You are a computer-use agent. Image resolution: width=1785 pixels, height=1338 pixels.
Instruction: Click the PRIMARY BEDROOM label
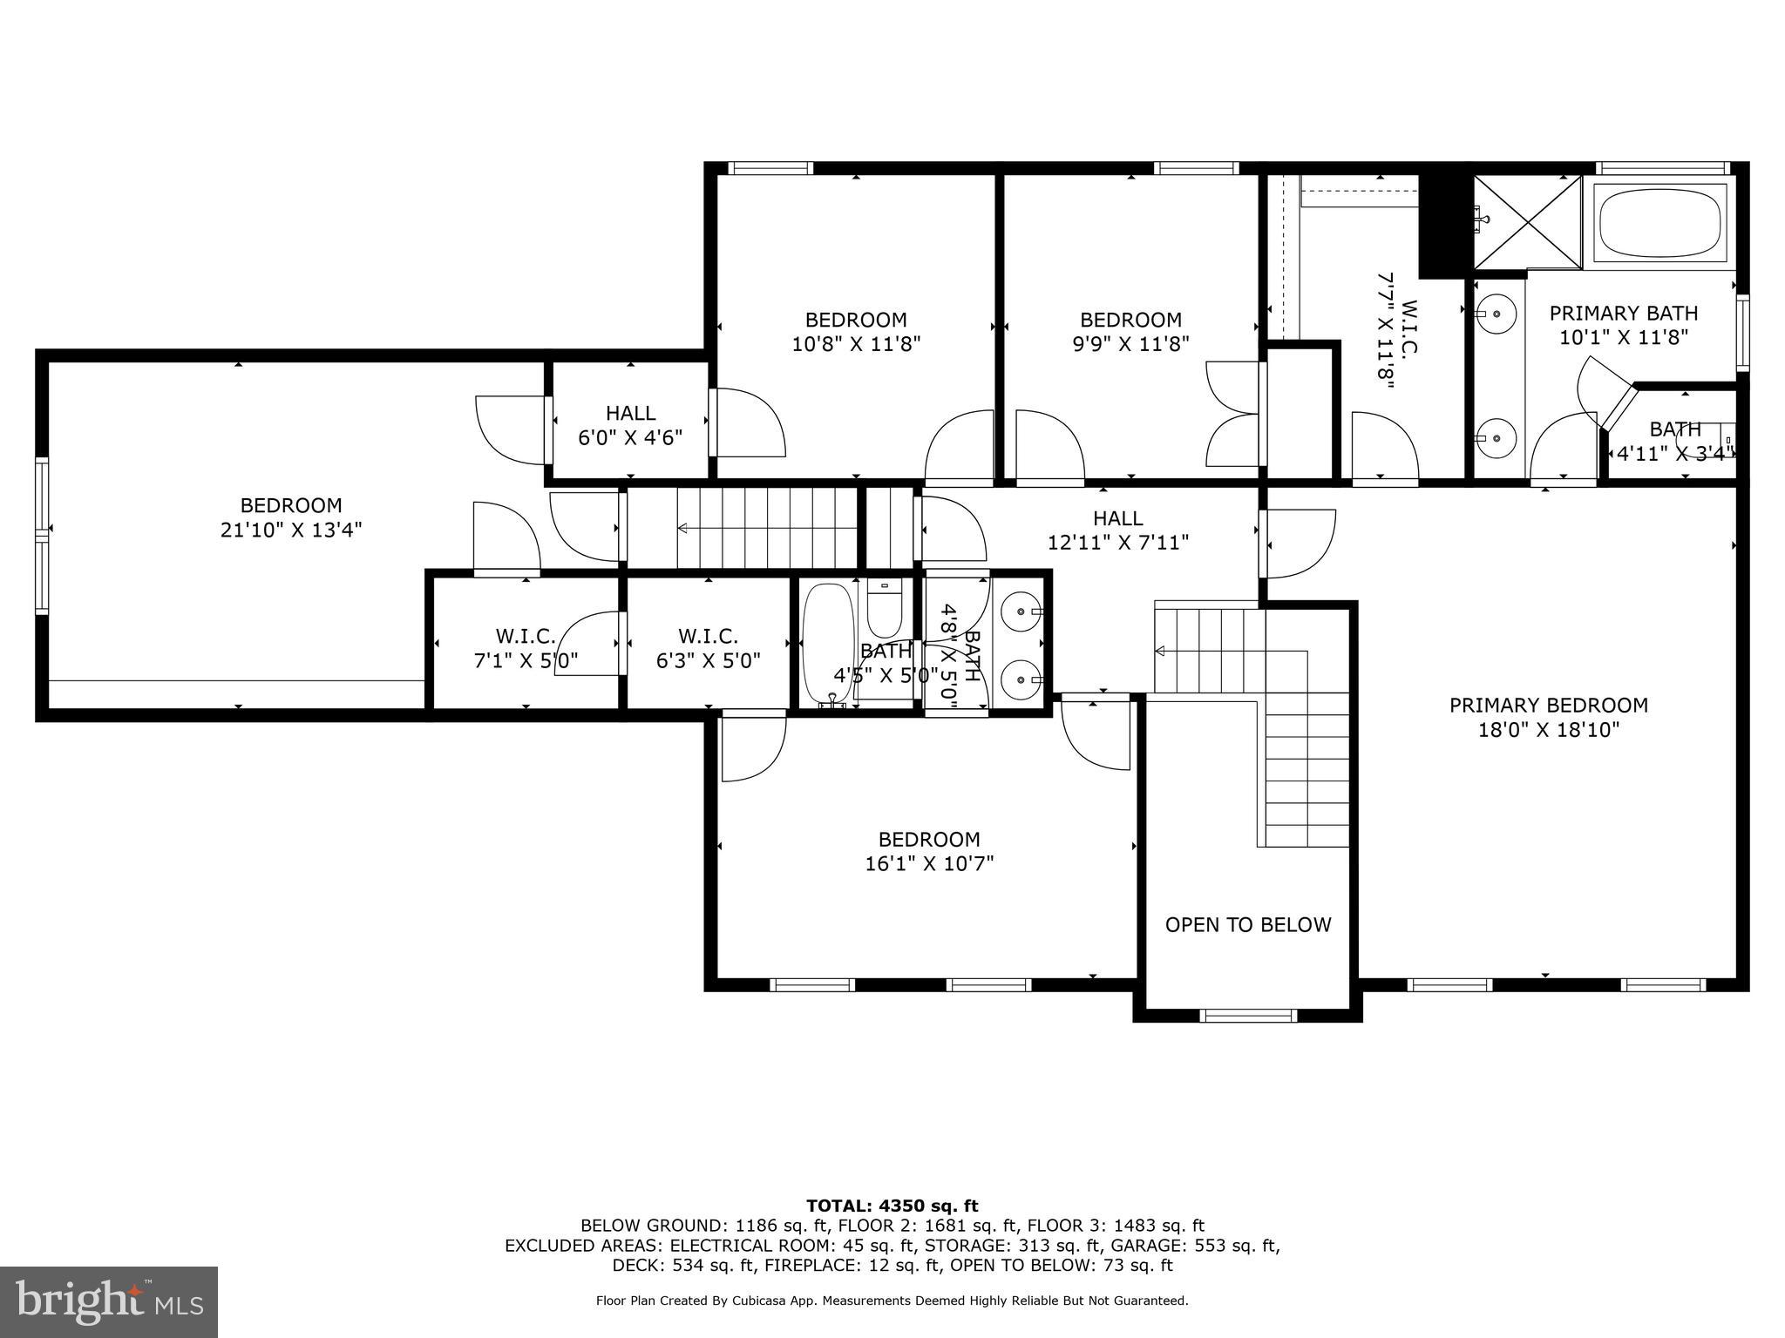coord(1548,706)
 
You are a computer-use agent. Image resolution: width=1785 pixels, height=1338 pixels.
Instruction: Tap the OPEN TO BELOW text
coord(1247,924)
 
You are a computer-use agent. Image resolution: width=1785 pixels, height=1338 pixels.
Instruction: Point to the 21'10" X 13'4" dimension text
coord(291,530)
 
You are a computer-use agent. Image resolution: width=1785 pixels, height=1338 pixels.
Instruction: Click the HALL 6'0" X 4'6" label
coord(630,425)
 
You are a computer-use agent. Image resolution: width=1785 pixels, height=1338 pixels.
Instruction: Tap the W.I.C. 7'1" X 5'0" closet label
coord(526,649)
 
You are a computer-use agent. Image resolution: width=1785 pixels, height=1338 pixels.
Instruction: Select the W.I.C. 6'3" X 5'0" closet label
coord(708,649)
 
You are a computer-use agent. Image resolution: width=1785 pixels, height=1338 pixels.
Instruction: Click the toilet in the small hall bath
coord(884,610)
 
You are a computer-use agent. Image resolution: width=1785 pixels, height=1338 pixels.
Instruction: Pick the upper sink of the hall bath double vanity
coord(1019,612)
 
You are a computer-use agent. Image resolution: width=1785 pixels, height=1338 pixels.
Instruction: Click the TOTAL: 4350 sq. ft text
coord(892,1206)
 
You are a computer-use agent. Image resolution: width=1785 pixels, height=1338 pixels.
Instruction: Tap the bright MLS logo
coord(109,1301)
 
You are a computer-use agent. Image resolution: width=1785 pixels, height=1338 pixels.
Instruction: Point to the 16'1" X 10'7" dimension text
coord(929,863)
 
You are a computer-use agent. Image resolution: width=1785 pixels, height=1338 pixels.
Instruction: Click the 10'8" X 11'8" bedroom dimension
coord(856,344)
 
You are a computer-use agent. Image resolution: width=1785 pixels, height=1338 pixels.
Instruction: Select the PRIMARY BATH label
coord(1623,313)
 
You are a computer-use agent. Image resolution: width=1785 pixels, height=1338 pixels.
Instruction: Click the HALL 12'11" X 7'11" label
coord(1117,530)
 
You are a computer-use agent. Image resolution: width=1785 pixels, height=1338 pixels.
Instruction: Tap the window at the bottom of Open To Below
coord(1247,1015)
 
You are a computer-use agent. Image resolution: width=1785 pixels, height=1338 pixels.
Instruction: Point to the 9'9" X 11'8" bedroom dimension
coord(1130,344)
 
